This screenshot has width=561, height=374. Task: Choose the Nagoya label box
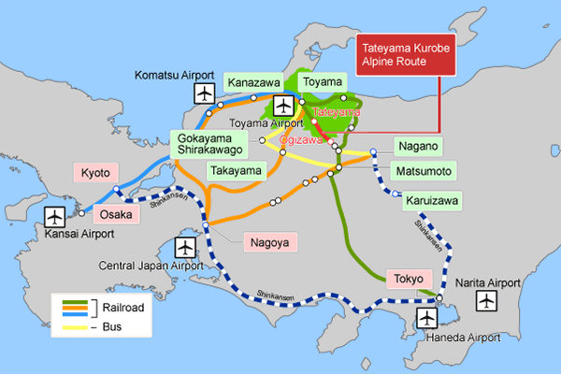click(269, 242)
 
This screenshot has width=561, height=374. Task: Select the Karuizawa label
click(429, 200)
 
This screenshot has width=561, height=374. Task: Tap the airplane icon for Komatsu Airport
click(206, 93)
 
